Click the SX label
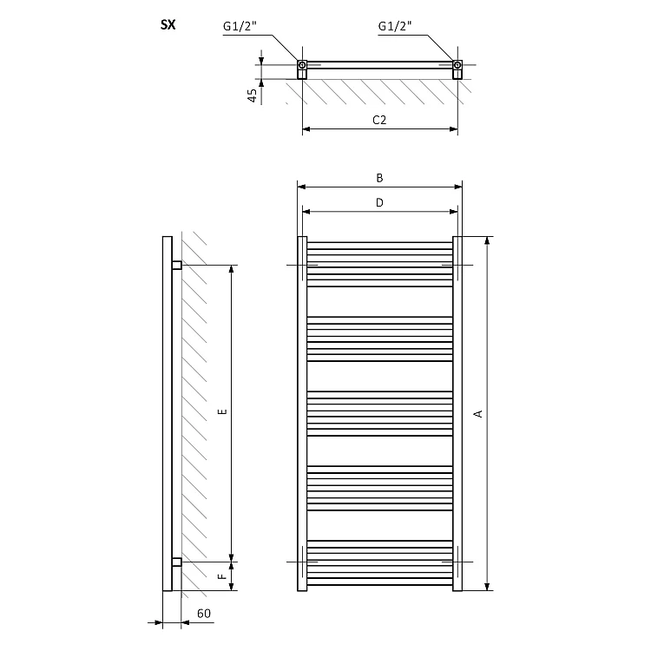tap(168, 25)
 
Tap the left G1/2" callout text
tap(240, 26)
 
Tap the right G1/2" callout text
tap(395, 26)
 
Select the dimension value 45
tap(252, 95)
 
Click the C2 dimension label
tap(379, 120)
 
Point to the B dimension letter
tap(379, 178)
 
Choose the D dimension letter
tap(379, 202)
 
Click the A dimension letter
tap(478, 413)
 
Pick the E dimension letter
tap(222, 411)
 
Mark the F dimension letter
tap(222, 576)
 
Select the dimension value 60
tap(204, 614)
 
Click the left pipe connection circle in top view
tap(302, 65)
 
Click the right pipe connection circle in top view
tap(457, 65)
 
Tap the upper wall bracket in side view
tap(177, 265)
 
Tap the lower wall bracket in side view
tap(177, 562)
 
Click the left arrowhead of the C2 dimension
tap(306, 129)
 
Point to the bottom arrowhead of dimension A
tap(488, 587)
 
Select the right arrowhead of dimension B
tap(458, 187)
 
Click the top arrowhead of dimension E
tap(232, 268)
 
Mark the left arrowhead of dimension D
tap(306, 212)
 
